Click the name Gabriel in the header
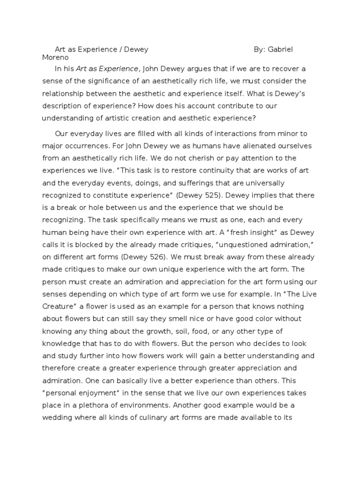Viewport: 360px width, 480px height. (x=281, y=49)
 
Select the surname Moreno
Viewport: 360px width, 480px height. (x=55, y=58)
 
